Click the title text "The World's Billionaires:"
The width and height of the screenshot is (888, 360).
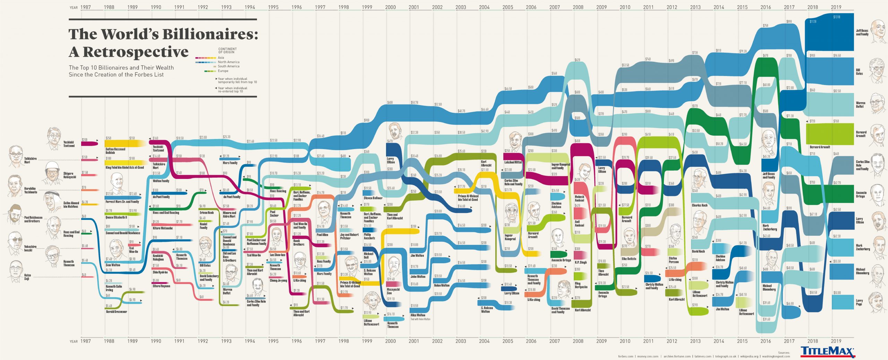coord(163,34)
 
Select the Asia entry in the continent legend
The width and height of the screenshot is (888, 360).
coord(221,58)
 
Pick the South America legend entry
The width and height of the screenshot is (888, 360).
coord(228,66)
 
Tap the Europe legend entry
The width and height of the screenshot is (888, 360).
coord(223,71)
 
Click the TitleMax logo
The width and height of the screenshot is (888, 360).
coord(828,351)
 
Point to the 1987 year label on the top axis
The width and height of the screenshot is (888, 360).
coord(85,7)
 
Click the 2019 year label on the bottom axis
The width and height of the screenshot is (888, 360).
coord(836,341)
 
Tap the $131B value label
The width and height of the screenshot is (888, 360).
coord(837,17)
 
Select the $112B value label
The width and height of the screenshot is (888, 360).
coord(813,22)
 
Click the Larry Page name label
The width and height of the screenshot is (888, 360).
coord(859,302)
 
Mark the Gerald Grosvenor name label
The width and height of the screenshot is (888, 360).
coord(116,312)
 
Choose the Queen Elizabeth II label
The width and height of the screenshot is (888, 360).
coord(116,217)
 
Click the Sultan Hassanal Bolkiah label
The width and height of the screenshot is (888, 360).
coord(115,151)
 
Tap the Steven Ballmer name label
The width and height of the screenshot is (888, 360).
coord(373,198)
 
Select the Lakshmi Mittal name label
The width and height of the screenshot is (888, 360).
coord(513,162)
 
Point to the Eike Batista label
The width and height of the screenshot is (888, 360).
coord(629,259)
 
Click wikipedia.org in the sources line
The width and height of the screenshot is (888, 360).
coord(749,356)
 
